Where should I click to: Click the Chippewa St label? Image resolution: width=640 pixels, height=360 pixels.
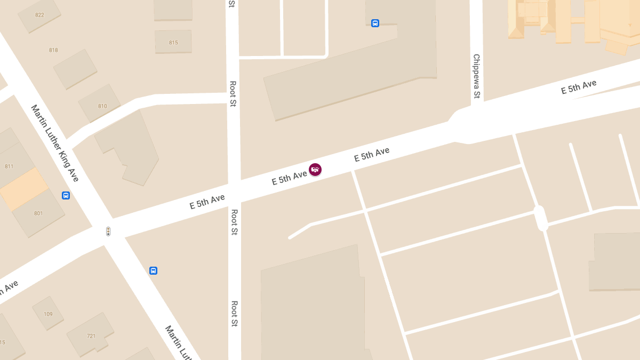pyautogui.click(x=476, y=76)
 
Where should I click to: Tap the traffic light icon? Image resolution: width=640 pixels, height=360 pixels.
pyautogui.click(x=108, y=231)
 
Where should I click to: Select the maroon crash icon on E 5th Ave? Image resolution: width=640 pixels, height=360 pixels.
pyautogui.click(x=315, y=170)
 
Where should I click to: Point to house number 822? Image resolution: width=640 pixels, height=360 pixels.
pyautogui.click(x=39, y=15)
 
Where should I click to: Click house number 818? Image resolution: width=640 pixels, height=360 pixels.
pyautogui.click(x=53, y=50)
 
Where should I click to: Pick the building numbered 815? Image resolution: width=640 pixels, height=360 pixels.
pyautogui.click(x=173, y=43)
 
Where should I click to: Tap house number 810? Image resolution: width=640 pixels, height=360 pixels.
pyautogui.click(x=102, y=106)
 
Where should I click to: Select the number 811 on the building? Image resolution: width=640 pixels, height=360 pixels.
pyautogui.click(x=9, y=166)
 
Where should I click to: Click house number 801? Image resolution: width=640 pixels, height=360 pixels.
pyautogui.click(x=38, y=213)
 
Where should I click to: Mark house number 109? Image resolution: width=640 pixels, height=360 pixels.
pyautogui.click(x=48, y=314)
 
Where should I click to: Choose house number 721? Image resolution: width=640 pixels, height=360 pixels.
pyautogui.click(x=91, y=336)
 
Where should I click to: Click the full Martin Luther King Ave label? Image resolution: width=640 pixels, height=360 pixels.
pyautogui.click(x=55, y=143)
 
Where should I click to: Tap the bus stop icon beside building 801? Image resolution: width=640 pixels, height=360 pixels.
pyautogui.click(x=66, y=196)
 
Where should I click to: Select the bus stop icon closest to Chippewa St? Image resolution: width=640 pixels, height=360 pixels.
pyautogui.click(x=375, y=23)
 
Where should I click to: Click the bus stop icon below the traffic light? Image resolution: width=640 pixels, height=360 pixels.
pyautogui.click(x=153, y=270)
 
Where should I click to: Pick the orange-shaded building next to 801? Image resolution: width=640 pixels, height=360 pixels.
pyautogui.click(x=25, y=189)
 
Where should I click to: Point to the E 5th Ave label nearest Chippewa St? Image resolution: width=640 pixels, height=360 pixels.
pyautogui.click(x=578, y=87)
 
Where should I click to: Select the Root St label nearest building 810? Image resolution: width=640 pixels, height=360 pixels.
pyautogui.click(x=233, y=93)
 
